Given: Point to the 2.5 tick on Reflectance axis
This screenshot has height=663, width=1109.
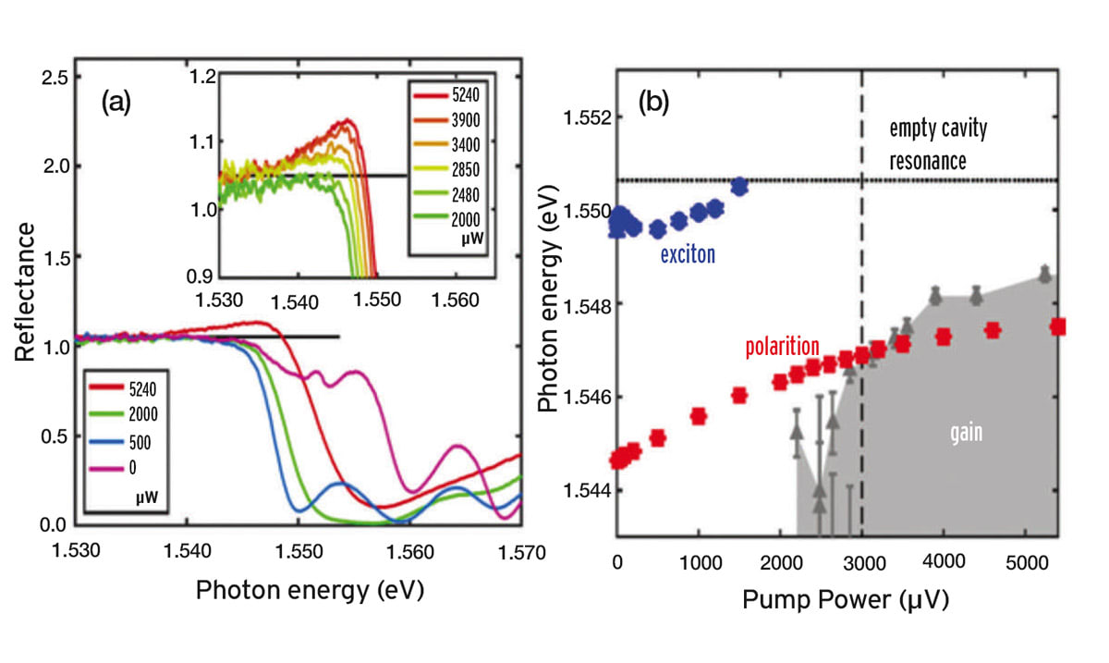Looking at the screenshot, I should [x=51, y=76].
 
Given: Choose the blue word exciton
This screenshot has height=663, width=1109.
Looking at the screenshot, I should [x=688, y=254].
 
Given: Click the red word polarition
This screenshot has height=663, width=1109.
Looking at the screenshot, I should [x=782, y=347].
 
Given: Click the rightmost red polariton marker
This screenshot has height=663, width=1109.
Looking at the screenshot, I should [x=1058, y=326].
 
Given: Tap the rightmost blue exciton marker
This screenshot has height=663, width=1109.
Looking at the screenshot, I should [x=739, y=186].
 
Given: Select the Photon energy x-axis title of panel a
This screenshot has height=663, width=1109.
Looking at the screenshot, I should [x=310, y=592].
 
